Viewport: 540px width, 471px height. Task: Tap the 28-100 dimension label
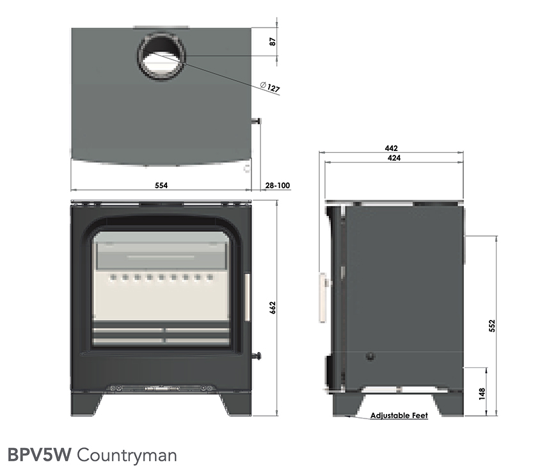coord(277,186)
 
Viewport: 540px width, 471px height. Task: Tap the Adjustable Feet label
coord(399,415)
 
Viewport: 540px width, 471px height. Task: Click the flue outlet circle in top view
coord(161,56)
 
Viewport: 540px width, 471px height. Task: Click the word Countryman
coord(127,455)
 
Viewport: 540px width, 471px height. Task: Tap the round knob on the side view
coord(370,357)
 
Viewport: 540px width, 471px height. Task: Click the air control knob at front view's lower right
coord(259,356)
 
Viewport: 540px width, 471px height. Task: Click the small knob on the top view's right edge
coord(257,120)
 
